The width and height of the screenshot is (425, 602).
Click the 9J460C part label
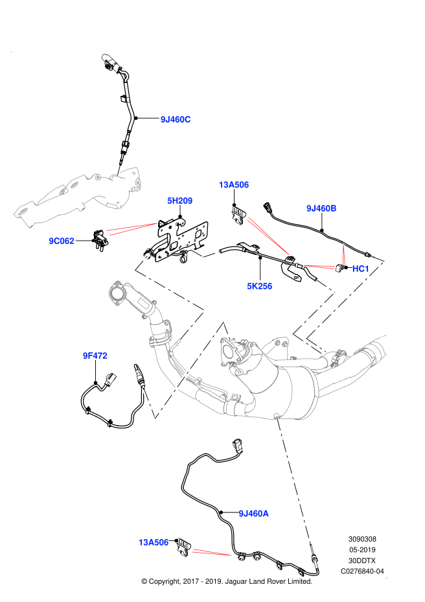(176, 119)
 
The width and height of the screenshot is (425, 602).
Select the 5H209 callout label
(179, 201)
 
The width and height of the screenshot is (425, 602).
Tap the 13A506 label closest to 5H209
(233, 185)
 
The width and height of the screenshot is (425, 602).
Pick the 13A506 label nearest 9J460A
(153, 542)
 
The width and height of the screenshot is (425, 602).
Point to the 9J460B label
(321, 208)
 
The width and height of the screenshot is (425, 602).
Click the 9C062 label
(62, 241)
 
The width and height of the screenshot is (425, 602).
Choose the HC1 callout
(360, 269)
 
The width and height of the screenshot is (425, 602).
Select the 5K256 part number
(259, 286)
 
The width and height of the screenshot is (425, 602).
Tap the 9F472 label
(95, 355)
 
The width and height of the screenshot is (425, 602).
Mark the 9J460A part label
(253, 514)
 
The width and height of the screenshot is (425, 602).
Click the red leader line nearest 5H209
(132, 228)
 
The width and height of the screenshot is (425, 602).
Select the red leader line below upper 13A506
(268, 237)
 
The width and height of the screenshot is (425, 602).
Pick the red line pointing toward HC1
(319, 266)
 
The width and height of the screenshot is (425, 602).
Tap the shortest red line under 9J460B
(343, 254)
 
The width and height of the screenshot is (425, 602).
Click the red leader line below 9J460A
(212, 553)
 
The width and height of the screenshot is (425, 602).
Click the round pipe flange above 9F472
(117, 293)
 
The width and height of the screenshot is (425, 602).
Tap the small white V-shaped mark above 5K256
(205, 254)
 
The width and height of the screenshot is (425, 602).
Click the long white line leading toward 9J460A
(293, 480)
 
